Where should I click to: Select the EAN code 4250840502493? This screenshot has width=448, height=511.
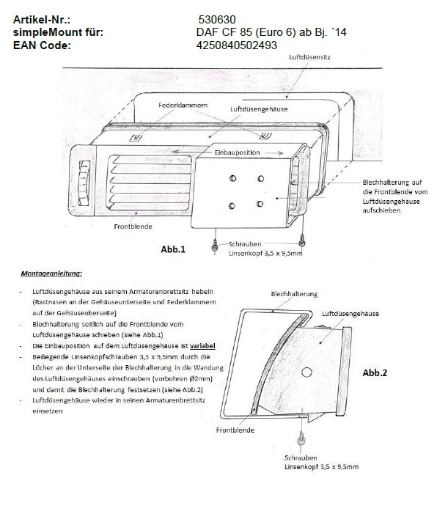point(237,45)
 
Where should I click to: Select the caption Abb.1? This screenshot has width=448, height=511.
point(173,249)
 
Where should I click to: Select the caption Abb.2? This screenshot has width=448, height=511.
point(375,372)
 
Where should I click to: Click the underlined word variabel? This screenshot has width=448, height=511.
point(201,345)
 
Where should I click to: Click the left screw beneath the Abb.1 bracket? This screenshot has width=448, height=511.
point(214,247)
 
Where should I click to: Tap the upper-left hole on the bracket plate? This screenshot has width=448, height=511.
point(232,177)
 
